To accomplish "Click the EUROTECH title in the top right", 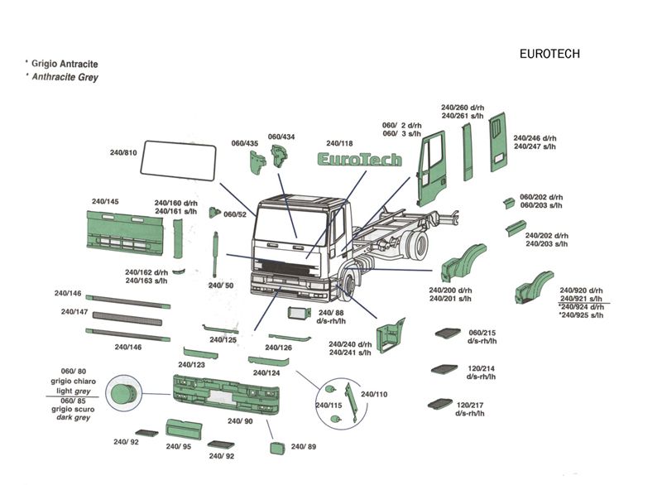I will tap(549, 54).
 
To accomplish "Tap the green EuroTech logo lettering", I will tap(361, 159).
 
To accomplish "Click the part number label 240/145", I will tap(105, 202).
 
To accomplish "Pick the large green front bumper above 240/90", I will tap(226, 396).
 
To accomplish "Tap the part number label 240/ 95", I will tap(178, 447).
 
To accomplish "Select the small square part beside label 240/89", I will tap(276, 448).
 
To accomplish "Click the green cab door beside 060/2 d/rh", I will tap(433, 170).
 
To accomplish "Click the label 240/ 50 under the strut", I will tap(221, 285).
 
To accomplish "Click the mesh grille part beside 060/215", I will tap(447, 333).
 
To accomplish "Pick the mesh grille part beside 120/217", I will tap(438, 405).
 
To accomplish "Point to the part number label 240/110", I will tap(374, 394).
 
